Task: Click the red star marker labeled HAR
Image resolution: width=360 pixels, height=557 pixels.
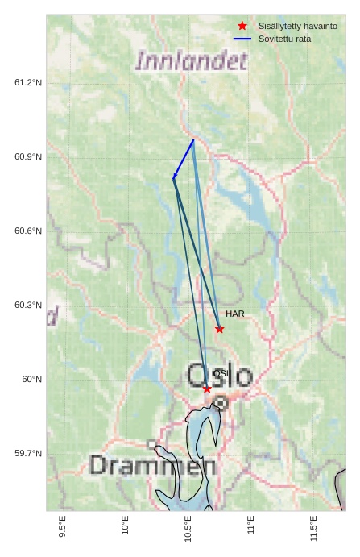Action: pos(219,329)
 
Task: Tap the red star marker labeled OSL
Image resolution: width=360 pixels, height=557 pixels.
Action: pos(207,389)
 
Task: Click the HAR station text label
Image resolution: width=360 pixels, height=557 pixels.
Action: pos(235,314)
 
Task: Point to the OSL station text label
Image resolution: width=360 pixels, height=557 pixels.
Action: pos(221,373)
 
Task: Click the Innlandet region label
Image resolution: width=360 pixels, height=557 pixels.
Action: pos(192,61)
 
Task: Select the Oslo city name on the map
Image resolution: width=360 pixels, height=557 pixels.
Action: pos(220,375)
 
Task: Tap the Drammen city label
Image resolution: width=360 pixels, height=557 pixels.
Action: pos(152,465)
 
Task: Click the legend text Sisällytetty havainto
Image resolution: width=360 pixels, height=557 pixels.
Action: pos(298,26)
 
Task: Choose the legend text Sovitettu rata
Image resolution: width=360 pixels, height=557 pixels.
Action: pos(284,39)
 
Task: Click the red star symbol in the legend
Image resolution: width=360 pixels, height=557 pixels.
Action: pos(242,26)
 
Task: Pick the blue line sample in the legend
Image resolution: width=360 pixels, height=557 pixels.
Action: pos(242,39)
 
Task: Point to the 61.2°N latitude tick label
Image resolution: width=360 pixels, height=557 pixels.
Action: pos(28,82)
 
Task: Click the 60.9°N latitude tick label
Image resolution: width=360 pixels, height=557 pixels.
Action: pos(28,156)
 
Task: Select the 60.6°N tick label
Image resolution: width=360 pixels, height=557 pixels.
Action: pos(28,231)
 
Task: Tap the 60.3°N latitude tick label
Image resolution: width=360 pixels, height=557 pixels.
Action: pos(28,306)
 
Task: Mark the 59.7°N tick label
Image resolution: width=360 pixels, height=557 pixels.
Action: pos(28,454)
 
